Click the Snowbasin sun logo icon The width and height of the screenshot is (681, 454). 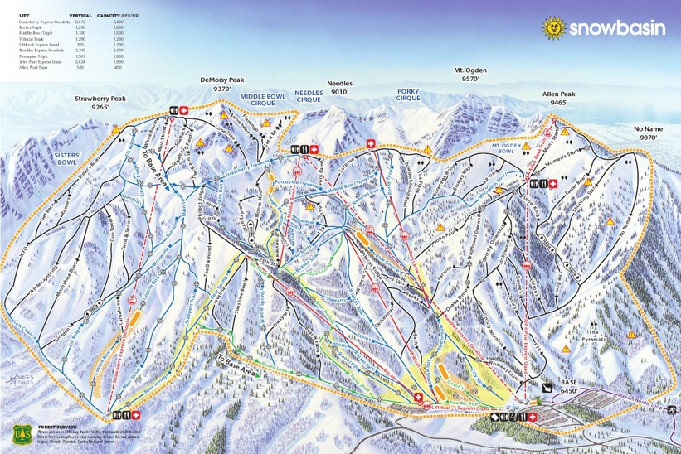pyautogui.click(x=552, y=27)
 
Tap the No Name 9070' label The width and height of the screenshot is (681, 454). pyautogui.click(x=649, y=133)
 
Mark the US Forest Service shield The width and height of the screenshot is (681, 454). pyautogui.click(x=22, y=435)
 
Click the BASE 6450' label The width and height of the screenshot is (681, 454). pyautogui.click(x=568, y=388)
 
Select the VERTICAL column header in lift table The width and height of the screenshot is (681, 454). pyautogui.click(x=80, y=16)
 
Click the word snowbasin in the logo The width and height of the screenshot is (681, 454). pyautogui.click(x=616, y=28)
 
